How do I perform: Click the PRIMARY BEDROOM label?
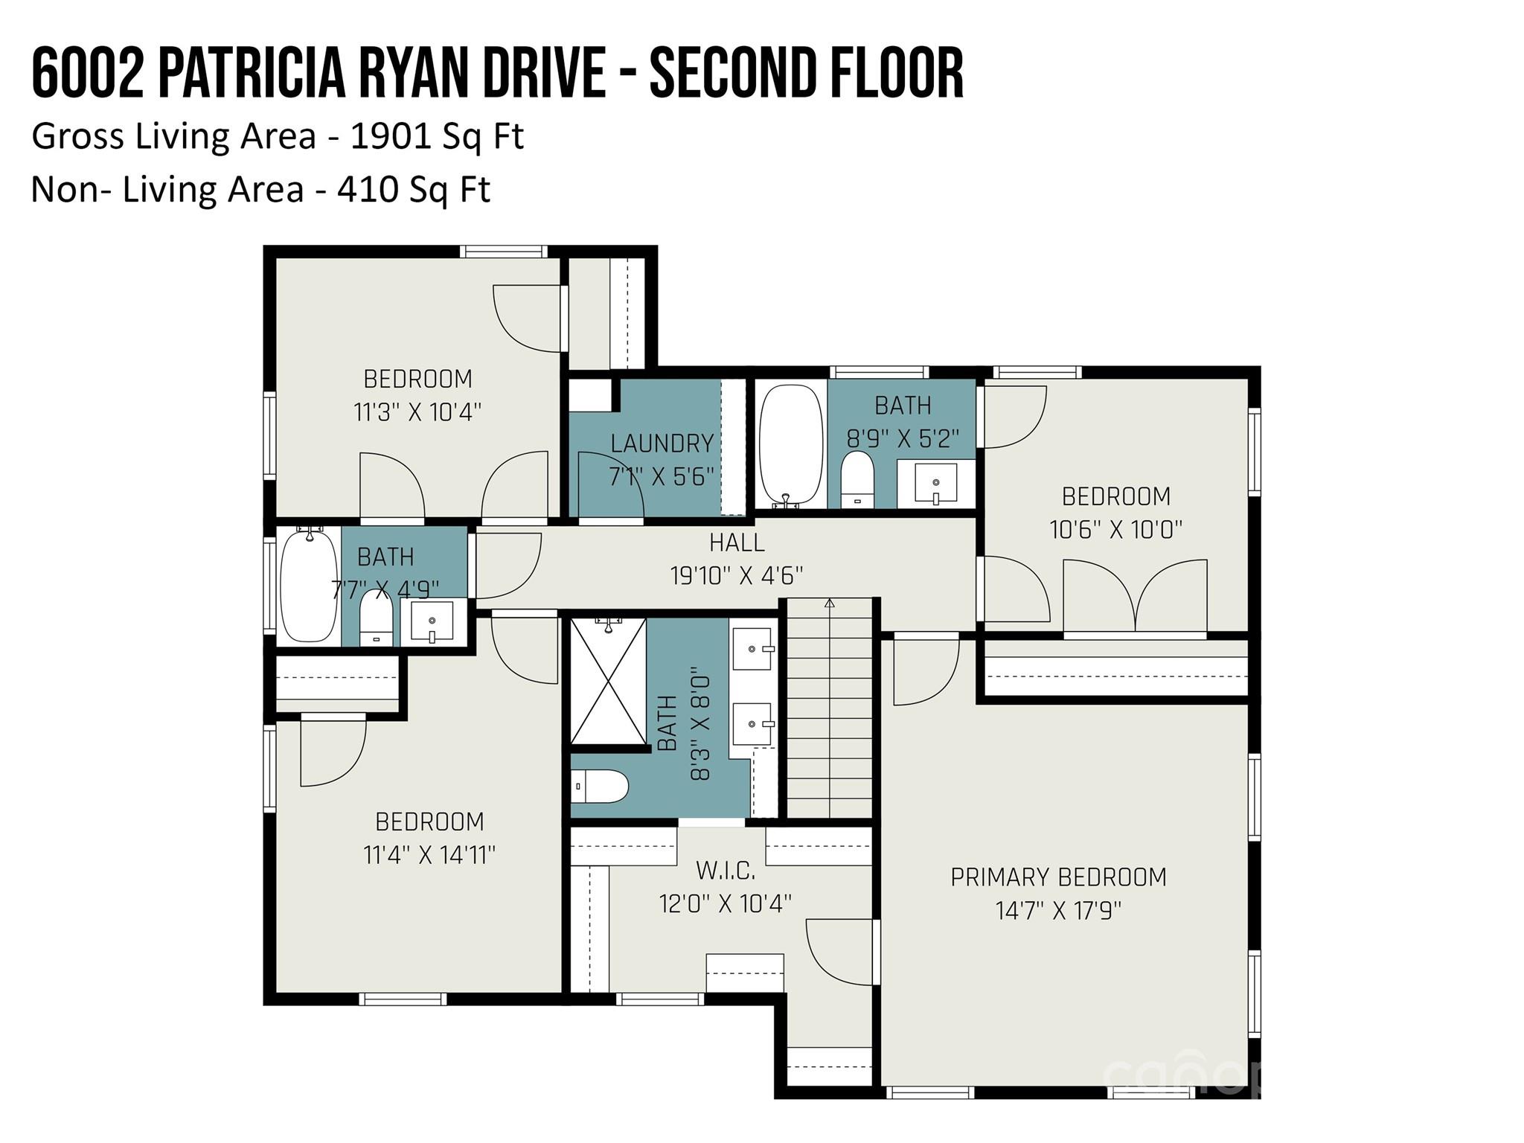click(1058, 877)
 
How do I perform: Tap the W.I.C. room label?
click(726, 870)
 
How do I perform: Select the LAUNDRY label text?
click(662, 444)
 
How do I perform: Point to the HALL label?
click(737, 542)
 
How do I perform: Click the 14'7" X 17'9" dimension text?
click(1058, 911)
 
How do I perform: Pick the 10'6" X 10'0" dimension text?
click(1115, 530)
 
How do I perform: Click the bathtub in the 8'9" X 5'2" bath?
click(790, 444)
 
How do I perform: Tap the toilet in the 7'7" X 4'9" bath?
click(376, 618)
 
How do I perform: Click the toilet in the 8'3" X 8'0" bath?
click(601, 787)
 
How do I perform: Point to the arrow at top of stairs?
click(830, 603)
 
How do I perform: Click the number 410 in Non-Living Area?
click(365, 190)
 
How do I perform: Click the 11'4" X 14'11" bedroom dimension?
click(429, 855)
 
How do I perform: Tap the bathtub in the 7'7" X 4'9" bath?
click(308, 586)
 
